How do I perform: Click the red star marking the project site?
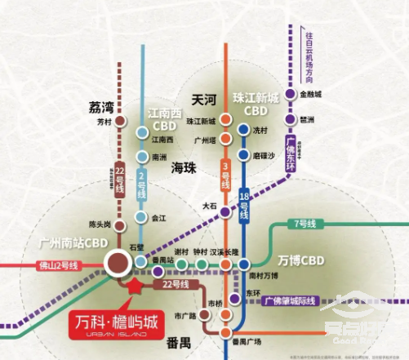pos(131,284)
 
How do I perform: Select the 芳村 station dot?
pos(120,123)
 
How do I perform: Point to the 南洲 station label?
pos(160,154)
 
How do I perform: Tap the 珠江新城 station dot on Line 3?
pos(225,122)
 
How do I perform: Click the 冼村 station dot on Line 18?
pos(242,129)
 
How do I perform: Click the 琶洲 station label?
pos(307,119)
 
